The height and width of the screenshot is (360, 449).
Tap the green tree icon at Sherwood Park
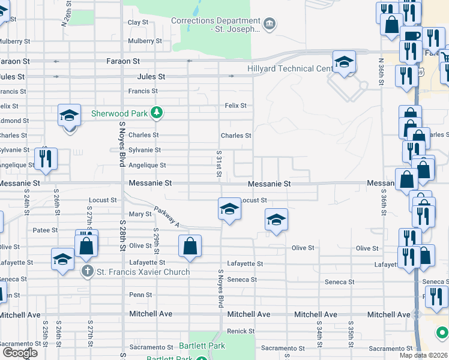pos(157,112)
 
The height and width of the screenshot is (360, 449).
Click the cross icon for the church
pos(88,272)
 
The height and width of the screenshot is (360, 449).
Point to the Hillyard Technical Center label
pos(291,69)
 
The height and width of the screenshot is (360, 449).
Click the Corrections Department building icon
pos(270,24)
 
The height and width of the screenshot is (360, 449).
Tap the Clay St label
pos(138,22)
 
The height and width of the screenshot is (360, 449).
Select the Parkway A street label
pos(166,217)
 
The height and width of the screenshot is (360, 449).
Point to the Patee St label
pos(45,230)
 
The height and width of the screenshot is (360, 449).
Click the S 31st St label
pos(219,164)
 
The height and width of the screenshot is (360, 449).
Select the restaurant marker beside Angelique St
pos(46,158)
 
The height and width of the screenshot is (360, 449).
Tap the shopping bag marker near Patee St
pos(86,245)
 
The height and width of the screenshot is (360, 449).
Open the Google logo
pos(20,353)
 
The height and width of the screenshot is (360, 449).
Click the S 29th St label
pos(155,238)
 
